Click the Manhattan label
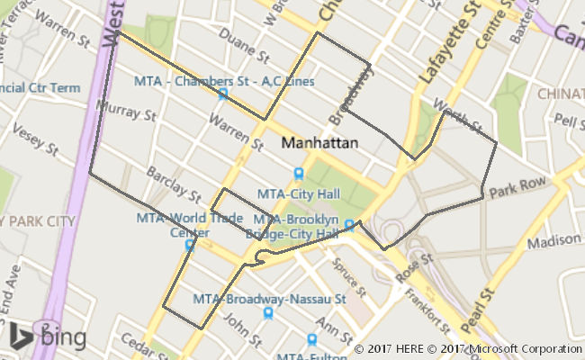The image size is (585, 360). (319, 143)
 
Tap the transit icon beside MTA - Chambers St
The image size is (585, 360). (221, 94)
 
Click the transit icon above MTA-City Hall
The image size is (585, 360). (298, 174)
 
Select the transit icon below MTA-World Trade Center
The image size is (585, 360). (189, 245)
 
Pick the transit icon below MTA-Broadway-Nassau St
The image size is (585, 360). (268, 313)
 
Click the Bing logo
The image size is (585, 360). (49, 336)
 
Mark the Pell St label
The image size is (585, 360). (569, 120)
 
